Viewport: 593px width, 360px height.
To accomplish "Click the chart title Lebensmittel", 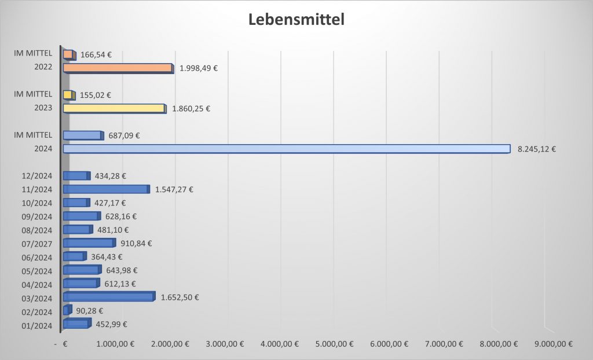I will tap(296, 20).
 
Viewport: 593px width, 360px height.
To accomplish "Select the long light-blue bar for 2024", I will tap(286, 149).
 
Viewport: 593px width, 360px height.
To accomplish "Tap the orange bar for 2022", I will tap(118, 68).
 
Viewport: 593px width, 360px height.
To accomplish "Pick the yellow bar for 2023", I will tap(114, 108).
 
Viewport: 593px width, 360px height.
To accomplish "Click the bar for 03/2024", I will tap(108, 297).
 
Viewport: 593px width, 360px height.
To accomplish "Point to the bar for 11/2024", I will tap(106, 189).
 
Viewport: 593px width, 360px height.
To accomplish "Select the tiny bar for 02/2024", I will tap(67, 310).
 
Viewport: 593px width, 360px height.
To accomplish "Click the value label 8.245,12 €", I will tap(536, 149).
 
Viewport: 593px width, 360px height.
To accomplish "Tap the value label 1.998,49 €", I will tap(199, 68).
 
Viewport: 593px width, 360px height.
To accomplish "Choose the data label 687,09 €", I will tap(124, 136).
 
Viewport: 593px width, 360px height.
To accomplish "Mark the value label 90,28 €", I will tap(90, 311).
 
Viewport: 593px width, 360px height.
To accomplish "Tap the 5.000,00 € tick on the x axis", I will tap(335, 344).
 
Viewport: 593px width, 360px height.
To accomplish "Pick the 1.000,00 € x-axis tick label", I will tap(115, 344).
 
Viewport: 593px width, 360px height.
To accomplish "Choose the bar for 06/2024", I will tap(74, 256).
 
